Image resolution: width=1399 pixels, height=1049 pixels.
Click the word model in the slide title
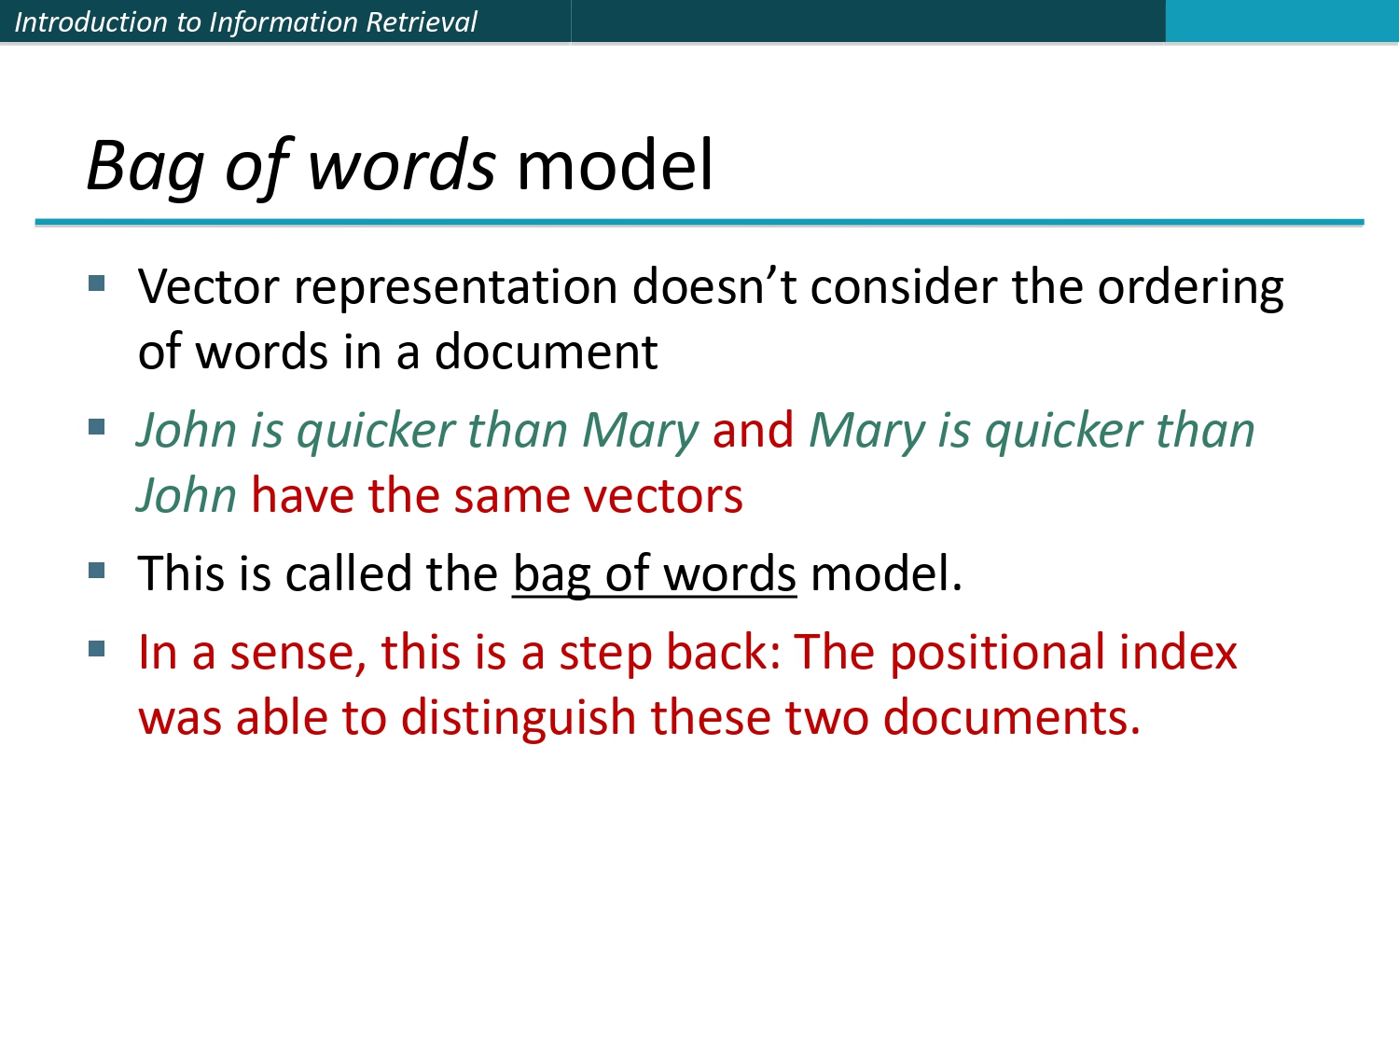pos(615,166)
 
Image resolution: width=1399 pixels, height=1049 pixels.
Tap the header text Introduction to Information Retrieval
pos(245,21)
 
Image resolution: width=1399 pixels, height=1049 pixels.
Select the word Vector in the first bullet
pos(208,287)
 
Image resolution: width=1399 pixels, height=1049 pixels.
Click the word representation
pos(455,287)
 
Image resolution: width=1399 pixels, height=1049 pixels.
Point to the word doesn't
pos(713,287)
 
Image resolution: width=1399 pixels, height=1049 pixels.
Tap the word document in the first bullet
pos(546,352)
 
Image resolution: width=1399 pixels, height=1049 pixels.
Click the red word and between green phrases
pos(753,431)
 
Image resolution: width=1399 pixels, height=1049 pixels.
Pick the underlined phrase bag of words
pos(654,574)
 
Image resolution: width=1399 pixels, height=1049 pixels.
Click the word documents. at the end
pos(1012,719)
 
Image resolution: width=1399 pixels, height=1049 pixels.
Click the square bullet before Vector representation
pos(97,283)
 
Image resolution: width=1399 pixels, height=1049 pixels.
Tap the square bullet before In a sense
pos(97,648)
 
